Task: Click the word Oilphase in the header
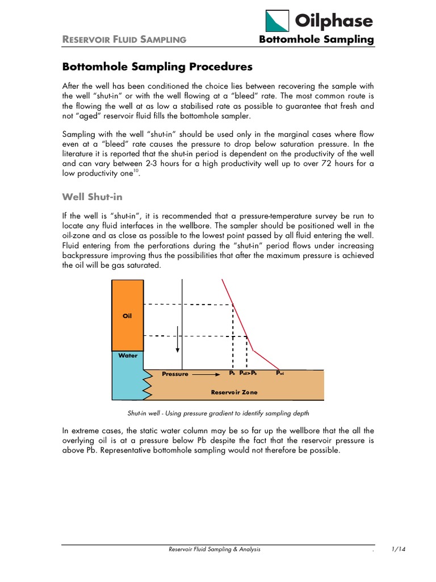tap(333, 21)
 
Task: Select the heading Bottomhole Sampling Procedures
tap(157, 66)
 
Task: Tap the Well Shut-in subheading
tap(92, 197)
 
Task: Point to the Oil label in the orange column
tap(127, 315)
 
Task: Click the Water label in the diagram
tap(127, 355)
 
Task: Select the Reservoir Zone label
tap(234, 392)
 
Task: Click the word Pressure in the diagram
tap(175, 374)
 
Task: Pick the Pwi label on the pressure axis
tap(280, 373)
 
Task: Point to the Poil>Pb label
tap(248, 373)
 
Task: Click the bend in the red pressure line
tap(253, 351)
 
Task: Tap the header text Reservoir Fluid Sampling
tap(124, 39)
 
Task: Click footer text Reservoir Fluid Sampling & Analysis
tap(216, 550)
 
